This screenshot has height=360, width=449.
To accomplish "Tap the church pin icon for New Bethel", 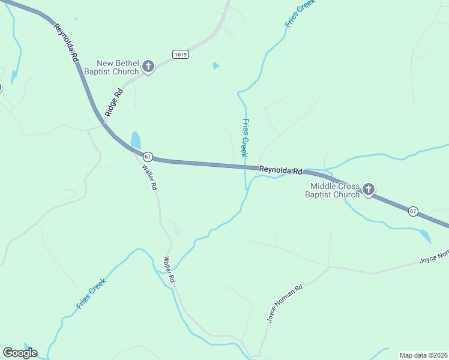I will point(148,67).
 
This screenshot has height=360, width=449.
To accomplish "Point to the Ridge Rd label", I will point(113,103).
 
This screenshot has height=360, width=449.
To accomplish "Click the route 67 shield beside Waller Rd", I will point(148,157).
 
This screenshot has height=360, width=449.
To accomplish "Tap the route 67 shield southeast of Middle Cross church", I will point(413,211).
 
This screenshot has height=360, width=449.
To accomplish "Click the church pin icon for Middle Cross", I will point(369,190).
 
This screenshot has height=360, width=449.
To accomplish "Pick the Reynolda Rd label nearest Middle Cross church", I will point(280,171).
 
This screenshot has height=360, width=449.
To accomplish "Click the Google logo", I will point(20,353).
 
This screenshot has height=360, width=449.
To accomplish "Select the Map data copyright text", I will point(423,355).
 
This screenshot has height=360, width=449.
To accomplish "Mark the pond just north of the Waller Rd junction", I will point(136,140).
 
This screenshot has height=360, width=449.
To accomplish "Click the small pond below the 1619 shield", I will point(215,66).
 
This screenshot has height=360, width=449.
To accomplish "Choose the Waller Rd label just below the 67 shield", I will point(149,177).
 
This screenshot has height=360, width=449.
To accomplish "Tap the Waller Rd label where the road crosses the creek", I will point(170,269).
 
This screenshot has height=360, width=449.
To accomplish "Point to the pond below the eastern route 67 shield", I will point(425,236).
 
